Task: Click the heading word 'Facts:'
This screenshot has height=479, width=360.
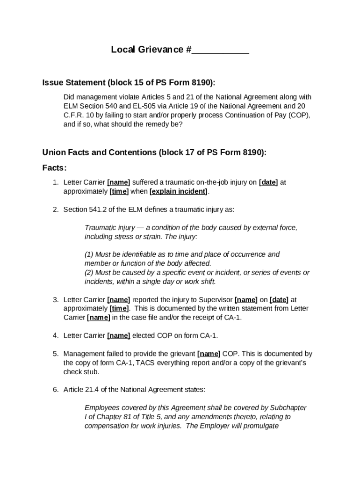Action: (x=55, y=168)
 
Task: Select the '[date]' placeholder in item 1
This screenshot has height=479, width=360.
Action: (x=268, y=182)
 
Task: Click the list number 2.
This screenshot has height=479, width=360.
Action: (x=55, y=210)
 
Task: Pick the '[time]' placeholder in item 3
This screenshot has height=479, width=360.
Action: (x=119, y=308)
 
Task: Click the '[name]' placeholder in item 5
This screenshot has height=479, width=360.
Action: (x=209, y=354)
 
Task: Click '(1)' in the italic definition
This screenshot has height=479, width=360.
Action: (x=89, y=254)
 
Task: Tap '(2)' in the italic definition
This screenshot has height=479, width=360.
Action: (x=89, y=273)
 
